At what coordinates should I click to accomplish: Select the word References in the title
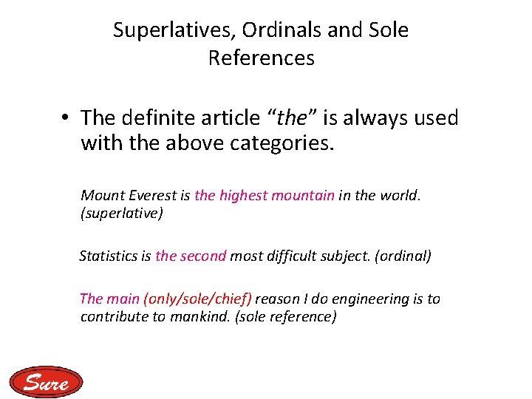click(x=261, y=58)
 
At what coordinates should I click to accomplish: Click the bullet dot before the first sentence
click(x=66, y=118)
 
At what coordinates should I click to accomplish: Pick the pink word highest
click(x=243, y=195)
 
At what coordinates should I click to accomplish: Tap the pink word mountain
click(x=303, y=195)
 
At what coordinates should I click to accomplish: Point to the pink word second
click(x=202, y=256)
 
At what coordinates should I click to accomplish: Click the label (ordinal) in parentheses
click(x=403, y=256)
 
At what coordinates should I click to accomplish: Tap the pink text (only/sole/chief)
click(x=198, y=299)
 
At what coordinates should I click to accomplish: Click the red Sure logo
click(x=47, y=382)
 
